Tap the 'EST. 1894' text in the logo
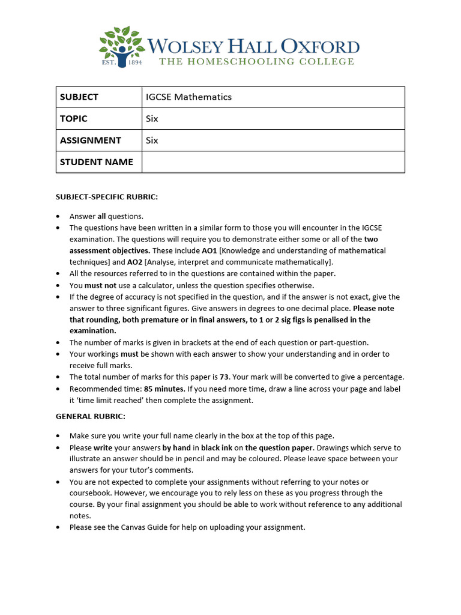pos(122,61)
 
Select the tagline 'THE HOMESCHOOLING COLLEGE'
pos(256,61)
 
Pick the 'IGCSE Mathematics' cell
pos(188,97)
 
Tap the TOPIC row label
pos(73,119)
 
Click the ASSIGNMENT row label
pos(90,141)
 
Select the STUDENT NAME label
pos(96,162)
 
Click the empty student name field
pos(273,162)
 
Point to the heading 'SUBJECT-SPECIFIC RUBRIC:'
pos(107,197)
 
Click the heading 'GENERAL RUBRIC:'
pos(90,416)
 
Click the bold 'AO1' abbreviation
pos(209,250)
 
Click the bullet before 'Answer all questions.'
pos(58,216)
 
